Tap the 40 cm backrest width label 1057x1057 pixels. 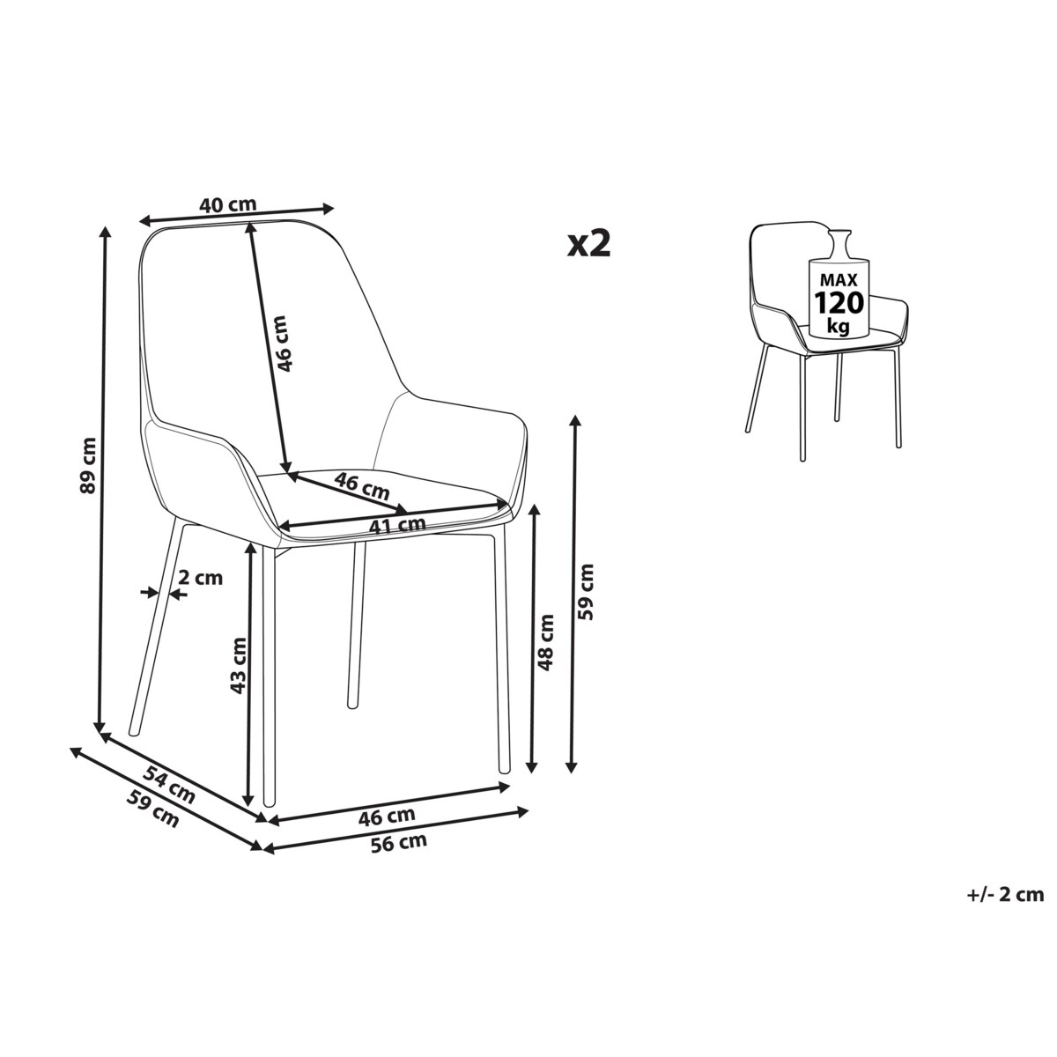(x=227, y=204)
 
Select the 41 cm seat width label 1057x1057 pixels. (x=397, y=525)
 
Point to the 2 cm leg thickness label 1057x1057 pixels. (x=201, y=578)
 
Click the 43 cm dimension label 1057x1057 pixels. (x=238, y=665)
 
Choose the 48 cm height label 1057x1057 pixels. (x=546, y=642)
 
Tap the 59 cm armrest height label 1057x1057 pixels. (x=586, y=592)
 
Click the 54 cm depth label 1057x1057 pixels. (x=168, y=785)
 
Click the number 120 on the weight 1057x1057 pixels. (x=839, y=302)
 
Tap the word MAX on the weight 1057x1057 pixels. (x=839, y=280)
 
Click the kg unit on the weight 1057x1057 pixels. (x=839, y=328)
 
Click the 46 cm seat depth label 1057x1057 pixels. (x=361, y=486)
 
